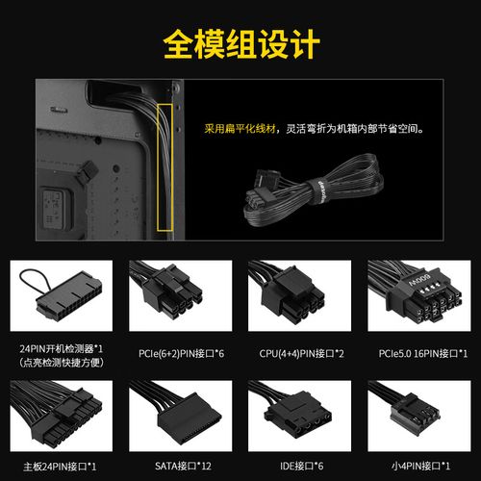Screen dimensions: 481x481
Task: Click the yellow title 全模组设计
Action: coord(241,44)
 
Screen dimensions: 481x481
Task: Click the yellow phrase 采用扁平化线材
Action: coord(240,129)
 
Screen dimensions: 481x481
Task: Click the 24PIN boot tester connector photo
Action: coord(62,295)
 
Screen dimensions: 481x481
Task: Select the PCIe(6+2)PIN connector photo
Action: coord(180,295)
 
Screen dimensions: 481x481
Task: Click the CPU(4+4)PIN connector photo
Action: coord(299,295)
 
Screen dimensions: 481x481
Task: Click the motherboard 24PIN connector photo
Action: coord(62,416)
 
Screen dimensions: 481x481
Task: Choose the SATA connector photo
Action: coord(180,416)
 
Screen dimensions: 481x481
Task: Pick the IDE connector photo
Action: coord(299,416)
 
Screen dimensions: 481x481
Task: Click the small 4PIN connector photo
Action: coord(419,416)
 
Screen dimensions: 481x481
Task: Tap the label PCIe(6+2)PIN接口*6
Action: coord(181,354)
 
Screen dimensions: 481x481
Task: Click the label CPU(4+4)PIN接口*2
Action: coord(301,354)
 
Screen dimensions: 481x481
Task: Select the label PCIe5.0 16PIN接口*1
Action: coord(423,354)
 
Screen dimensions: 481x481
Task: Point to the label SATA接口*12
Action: coord(183,466)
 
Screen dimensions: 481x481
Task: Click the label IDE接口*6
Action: coord(301,466)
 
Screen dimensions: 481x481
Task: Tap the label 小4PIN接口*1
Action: coord(420,466)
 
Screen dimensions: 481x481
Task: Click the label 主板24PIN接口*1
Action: coord(60,467)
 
